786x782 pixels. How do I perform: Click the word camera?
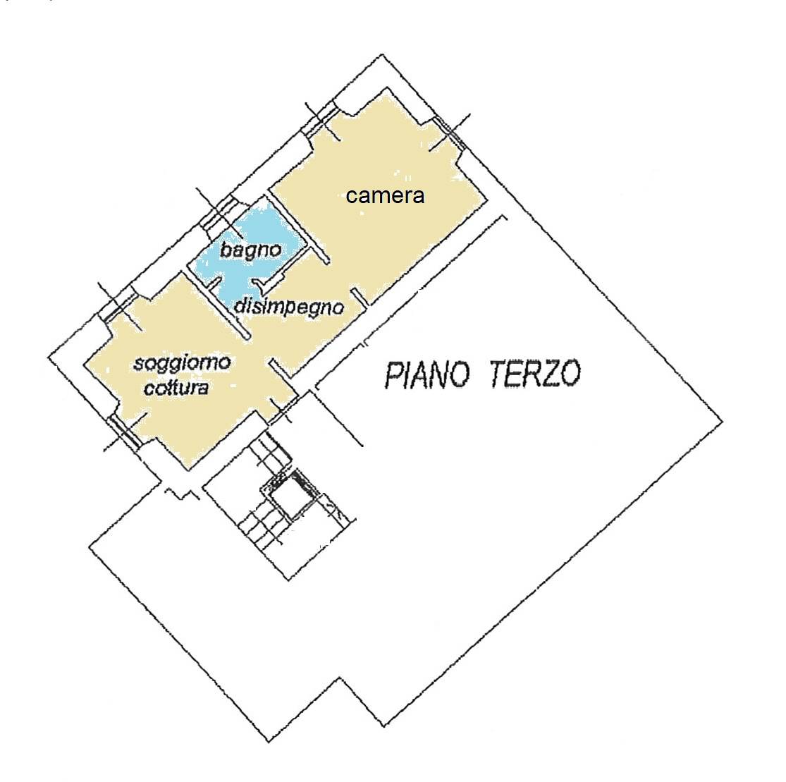385,195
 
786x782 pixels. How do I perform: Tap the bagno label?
251,250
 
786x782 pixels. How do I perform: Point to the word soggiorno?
182,363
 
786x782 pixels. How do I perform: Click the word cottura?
176,388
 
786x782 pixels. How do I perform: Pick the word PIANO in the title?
428,374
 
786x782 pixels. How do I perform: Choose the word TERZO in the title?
535,373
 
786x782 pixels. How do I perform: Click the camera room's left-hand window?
321,121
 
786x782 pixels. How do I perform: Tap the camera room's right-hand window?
450,132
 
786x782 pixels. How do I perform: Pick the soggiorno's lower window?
125,431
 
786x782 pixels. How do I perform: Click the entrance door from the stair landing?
282,409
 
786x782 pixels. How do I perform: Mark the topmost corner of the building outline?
383,54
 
